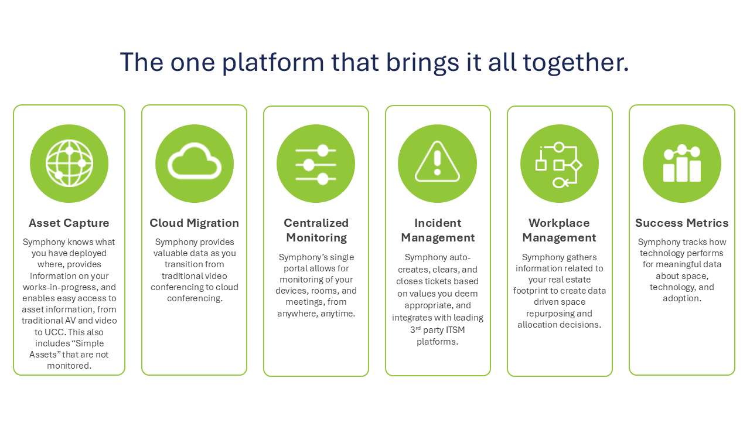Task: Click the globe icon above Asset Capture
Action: click(69, 164)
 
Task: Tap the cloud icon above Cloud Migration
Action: click(195, 164)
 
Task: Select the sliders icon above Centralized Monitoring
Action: click(316, 164)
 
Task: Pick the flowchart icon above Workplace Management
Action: click(559, 165)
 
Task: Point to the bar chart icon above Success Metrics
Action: click(682, 164)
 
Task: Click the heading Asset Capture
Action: click(69, 223)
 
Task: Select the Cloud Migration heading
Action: click(195, 223)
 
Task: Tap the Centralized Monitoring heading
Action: click(316, 230)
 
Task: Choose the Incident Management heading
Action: click(438, 230)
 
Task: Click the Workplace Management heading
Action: click(559, 230)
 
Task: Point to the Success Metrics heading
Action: click(682, 223)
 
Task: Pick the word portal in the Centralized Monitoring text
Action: click(294, 268)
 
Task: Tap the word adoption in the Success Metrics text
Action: click(681, 298)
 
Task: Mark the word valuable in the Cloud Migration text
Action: click(175, 253)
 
